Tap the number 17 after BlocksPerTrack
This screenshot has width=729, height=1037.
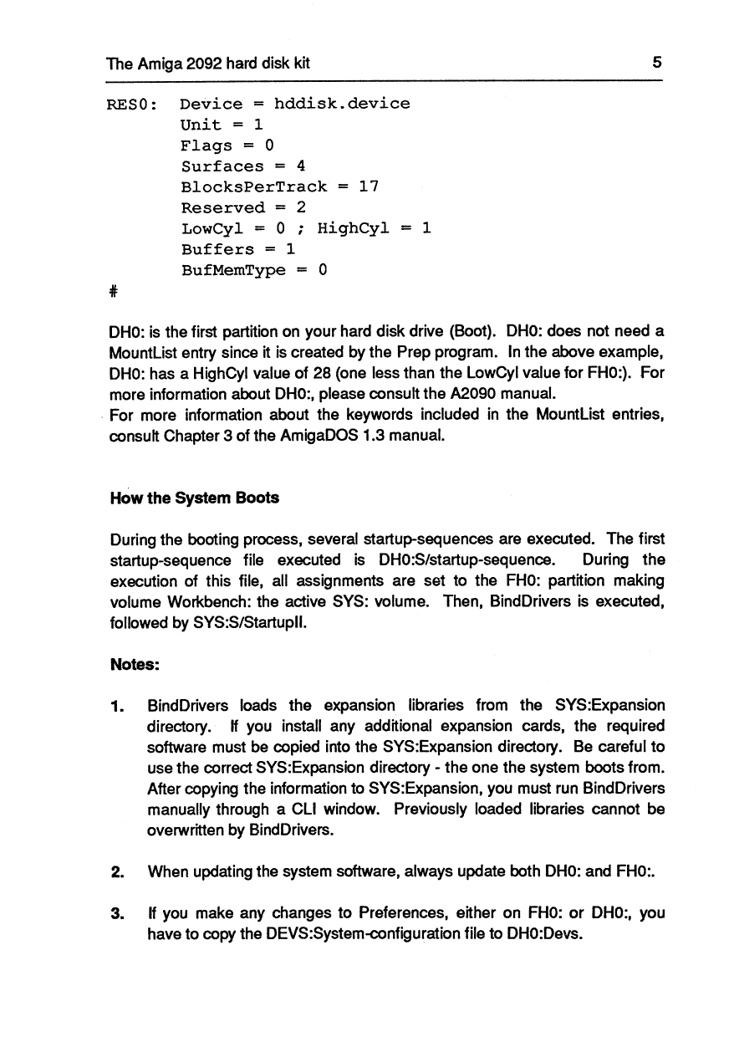click(369, 187)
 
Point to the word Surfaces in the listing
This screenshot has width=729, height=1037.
click(222, 166)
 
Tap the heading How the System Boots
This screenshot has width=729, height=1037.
click(195, 498)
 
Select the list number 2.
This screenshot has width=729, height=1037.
click(118, 871)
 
